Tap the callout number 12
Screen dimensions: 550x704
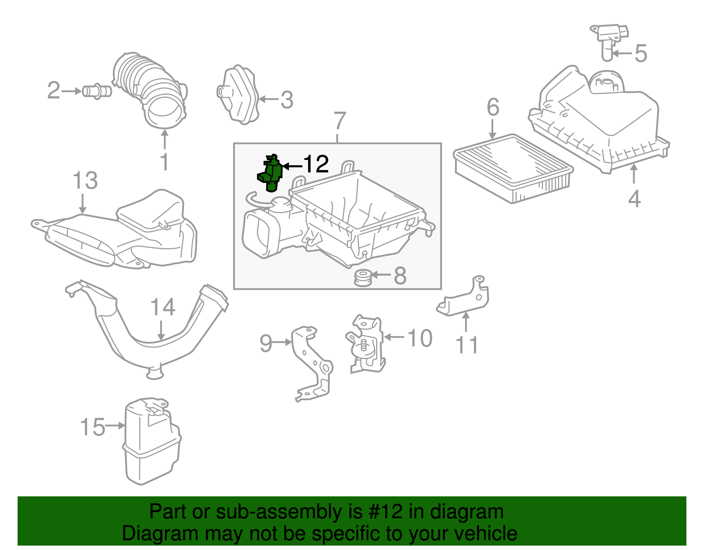[316, 164]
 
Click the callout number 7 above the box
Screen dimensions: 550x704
[339, 120]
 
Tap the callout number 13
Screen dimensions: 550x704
[85, 181]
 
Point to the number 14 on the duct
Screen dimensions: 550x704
[162, 307]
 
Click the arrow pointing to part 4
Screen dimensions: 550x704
[634, 174]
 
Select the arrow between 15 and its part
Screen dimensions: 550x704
[116, 425]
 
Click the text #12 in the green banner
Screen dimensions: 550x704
[382, 512]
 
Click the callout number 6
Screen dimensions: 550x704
[493, 107]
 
